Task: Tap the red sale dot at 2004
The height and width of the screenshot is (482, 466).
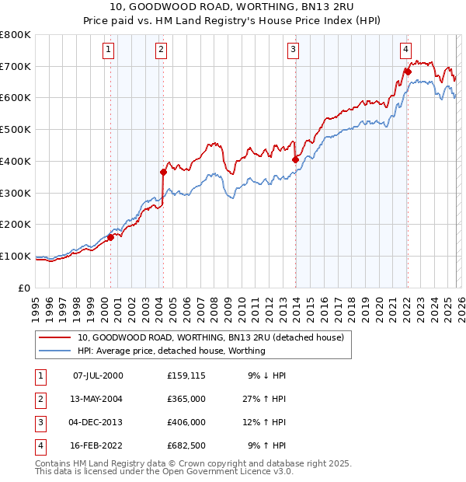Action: (x=163, y=172)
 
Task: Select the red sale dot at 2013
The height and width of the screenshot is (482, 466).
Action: (x=295, y=159)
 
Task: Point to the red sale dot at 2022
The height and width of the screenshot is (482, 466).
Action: (x=408, y=72)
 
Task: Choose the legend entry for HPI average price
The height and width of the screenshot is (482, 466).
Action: (x=171, y=351)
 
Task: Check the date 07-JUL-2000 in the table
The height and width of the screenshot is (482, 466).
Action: (x=98, y=375)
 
